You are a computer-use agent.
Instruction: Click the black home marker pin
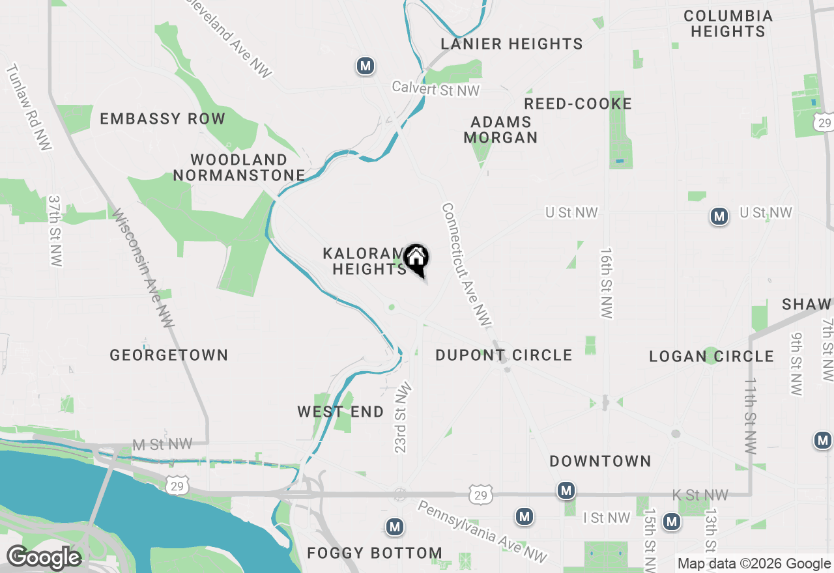416,259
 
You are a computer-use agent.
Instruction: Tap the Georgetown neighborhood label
169,355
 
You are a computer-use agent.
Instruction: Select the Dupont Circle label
504,355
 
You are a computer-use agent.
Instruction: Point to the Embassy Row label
162,119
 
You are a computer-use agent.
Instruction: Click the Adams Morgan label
500,130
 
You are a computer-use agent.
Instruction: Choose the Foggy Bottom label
375,553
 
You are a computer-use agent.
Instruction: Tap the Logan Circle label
712,356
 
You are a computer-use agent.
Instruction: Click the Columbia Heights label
728,23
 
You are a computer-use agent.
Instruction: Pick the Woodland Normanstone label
239,167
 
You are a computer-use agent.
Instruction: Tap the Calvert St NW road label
435,89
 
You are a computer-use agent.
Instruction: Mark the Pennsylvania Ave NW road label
483,531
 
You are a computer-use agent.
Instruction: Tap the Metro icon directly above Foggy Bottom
394,527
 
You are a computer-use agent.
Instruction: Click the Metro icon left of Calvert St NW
366,66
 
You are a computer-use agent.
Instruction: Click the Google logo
44,558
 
